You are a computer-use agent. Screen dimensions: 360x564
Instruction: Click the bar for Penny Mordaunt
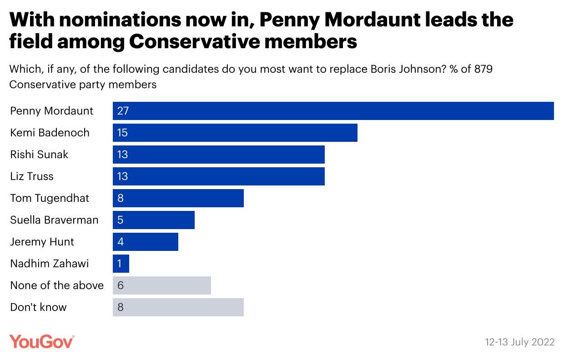tap(333, 111)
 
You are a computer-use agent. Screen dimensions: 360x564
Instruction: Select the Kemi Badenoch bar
tap(235, 133)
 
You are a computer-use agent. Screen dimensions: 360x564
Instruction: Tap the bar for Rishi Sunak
tap(218, 155)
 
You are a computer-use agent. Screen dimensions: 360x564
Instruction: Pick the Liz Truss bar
tap(218, 176)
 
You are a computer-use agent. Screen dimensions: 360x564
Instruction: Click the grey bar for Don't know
tap(178, 307)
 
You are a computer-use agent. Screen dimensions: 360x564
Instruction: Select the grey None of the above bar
tap(161, 285)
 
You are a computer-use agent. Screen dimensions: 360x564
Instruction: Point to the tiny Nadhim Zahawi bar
tap(121, 264)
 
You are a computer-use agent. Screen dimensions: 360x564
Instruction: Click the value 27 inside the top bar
tap(123, 111)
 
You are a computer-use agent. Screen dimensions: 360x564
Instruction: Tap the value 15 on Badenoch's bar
tap(123, 133)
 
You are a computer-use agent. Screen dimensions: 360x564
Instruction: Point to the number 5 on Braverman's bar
tap(121, 220)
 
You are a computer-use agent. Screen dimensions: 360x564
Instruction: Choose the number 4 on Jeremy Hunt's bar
tap(121, 242)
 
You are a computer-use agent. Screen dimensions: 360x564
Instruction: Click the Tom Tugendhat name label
tap(50, 198)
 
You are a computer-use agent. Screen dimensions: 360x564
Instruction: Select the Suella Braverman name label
tap(54, 220)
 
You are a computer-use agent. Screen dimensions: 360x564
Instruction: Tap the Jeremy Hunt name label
tap(42, 242)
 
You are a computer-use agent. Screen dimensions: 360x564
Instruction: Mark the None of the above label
tap(57, 285)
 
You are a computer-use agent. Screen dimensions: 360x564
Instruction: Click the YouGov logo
tap(42, 341)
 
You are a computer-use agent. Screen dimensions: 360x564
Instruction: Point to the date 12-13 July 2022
tap(519, 342)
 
